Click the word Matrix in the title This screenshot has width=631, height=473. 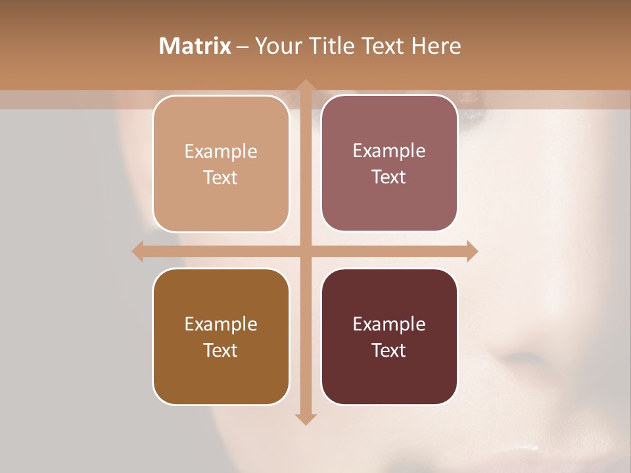click(x=195, y=46)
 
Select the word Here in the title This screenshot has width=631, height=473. click(x=436, y=46)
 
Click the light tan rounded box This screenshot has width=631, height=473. click(x=221, y=164)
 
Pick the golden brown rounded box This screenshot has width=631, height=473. click(x=221, y=336)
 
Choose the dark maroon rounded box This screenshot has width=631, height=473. click(x=389, y=336)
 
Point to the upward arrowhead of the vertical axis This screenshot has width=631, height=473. click(x=305, y=85)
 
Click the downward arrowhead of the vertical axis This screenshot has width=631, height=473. click(x=305, y=419)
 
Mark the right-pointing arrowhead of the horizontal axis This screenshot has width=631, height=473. click(x=472, y=251)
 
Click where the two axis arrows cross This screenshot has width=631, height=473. click(x=305, y=251)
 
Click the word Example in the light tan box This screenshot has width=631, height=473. click(x=221, y=152)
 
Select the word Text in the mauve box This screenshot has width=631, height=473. click(x=388, y=177)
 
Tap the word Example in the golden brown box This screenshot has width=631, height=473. click(x=221, y=325)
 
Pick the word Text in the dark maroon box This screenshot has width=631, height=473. click(x=388, y=350)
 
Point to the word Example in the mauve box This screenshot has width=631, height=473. click(x=389, y=151)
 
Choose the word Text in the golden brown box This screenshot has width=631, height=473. click(x=220, y=350)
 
